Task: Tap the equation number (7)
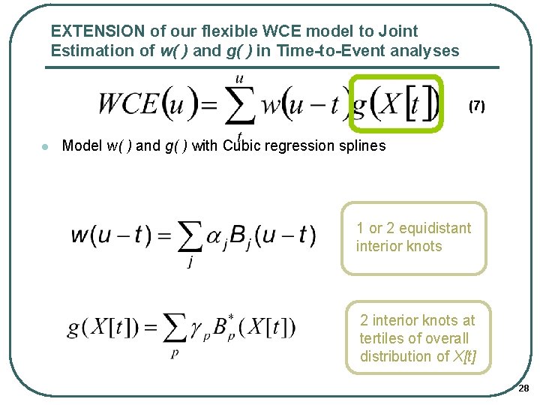pos(476,106)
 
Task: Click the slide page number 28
pos(523,388)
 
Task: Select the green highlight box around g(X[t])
pos(397,79)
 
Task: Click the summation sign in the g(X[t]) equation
pos(175,328)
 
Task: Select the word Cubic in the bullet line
pos(241,145)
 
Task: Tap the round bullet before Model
pos(46,146)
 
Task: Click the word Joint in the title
pos(398,31)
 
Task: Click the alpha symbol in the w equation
pos(217,237)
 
